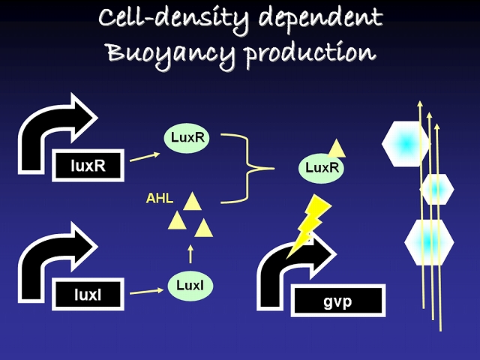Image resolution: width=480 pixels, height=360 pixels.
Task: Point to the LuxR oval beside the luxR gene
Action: (188, 138)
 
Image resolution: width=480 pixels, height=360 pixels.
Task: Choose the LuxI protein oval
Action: (190, 285)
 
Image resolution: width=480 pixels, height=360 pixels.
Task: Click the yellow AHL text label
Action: (160, 199)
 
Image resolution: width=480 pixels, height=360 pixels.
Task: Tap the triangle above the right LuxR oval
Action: (337, 148)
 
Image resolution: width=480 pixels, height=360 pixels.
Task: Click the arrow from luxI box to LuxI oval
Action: (147, 290)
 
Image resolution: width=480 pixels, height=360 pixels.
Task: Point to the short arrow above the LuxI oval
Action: (190, 252)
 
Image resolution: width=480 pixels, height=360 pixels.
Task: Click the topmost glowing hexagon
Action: (405, 142)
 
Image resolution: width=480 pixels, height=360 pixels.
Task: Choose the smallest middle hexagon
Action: (436, 189)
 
